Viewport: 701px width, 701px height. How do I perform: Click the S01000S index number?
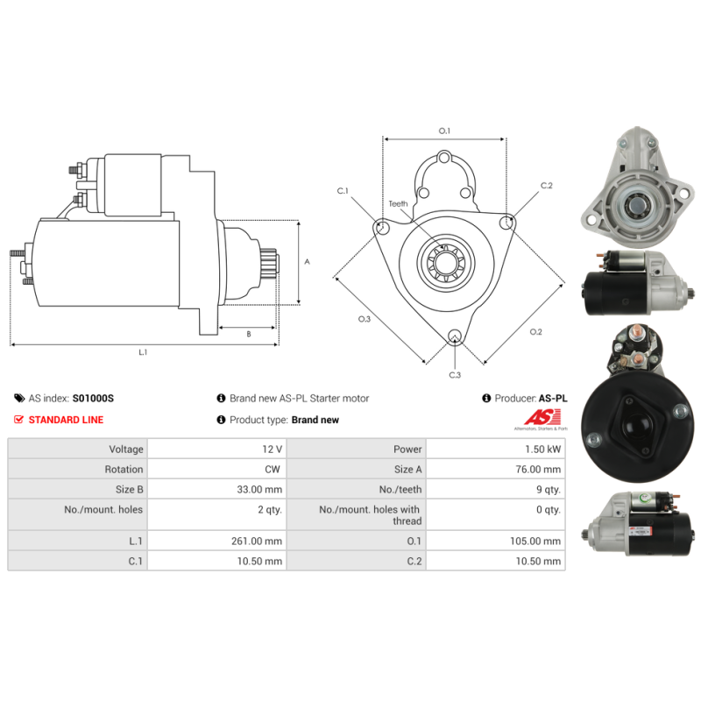pos(93,399)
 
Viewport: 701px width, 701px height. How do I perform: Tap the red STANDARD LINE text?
pos(67,420)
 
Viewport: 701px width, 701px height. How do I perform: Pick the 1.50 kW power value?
pos(542,450)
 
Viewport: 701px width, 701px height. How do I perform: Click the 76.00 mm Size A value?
pos(538,470)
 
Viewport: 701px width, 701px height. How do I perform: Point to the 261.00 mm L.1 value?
pos(257,541)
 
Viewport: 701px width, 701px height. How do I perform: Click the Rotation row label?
pos(124,470)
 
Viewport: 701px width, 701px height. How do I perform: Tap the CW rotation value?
pos(273,470)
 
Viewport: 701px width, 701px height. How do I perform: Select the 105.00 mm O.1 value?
pos(535,541)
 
